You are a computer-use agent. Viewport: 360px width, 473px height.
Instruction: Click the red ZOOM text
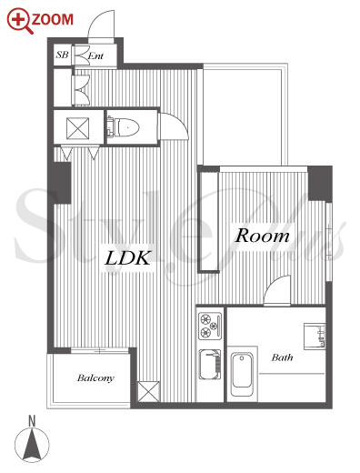53,20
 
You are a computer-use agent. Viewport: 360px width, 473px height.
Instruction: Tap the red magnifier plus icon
19,21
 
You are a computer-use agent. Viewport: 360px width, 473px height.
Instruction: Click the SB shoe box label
62,55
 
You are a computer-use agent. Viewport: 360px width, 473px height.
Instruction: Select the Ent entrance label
95,55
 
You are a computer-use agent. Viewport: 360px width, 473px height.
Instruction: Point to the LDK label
127,258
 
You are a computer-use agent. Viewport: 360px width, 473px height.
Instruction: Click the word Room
263,236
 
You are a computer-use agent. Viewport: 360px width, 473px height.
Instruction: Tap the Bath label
282,357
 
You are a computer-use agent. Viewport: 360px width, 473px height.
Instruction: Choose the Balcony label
95,377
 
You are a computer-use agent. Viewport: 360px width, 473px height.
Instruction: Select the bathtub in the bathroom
242,374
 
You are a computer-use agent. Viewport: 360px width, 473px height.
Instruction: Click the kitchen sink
210,365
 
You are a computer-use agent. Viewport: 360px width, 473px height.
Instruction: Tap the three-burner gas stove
210,326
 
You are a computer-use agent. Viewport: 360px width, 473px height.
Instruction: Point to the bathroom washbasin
315,337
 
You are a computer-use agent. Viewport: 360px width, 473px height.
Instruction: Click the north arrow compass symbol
32,446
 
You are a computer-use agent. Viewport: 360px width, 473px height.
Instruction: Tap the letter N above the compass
32,421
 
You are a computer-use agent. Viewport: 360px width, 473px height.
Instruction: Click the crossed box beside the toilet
78,128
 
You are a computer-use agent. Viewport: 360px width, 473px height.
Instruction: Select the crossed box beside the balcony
148,391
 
